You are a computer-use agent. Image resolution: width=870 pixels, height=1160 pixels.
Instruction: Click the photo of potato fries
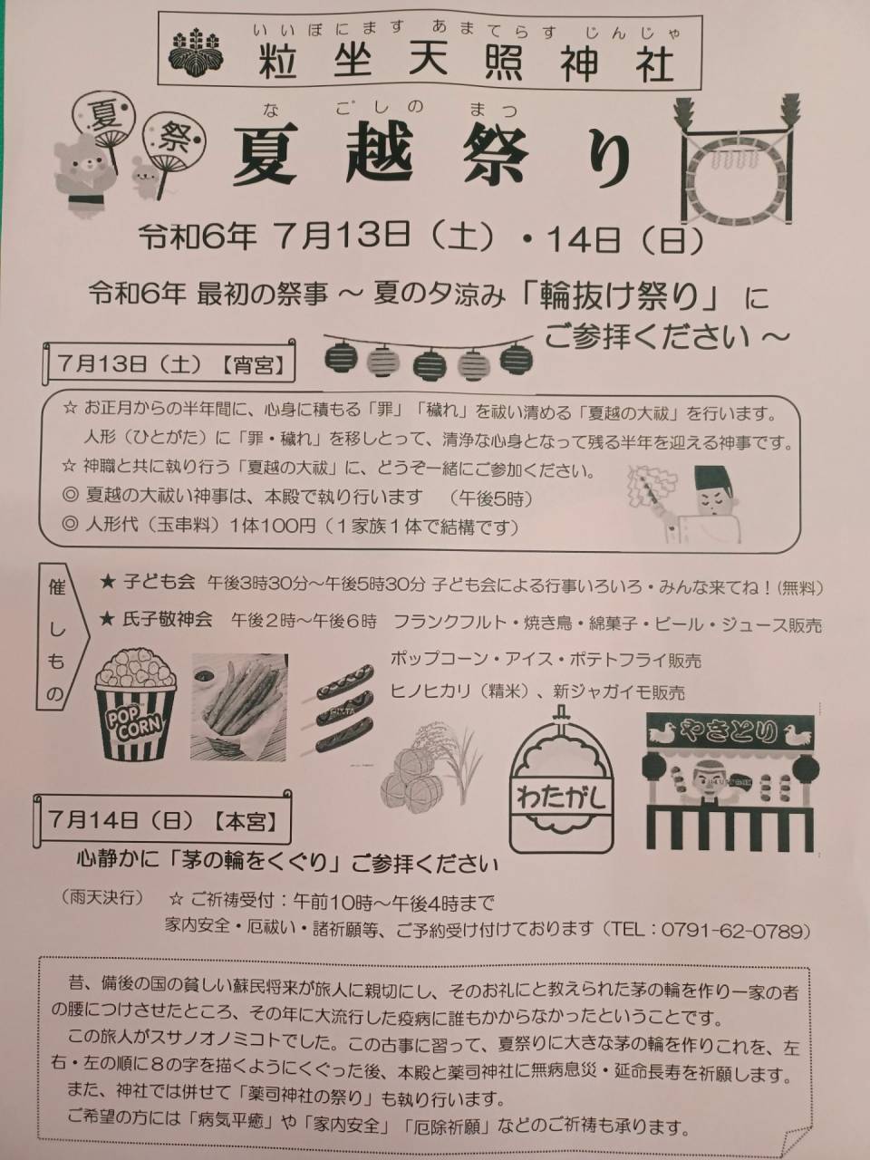point(238,707)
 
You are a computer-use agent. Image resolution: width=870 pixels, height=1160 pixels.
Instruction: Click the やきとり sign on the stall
point(730,731)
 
